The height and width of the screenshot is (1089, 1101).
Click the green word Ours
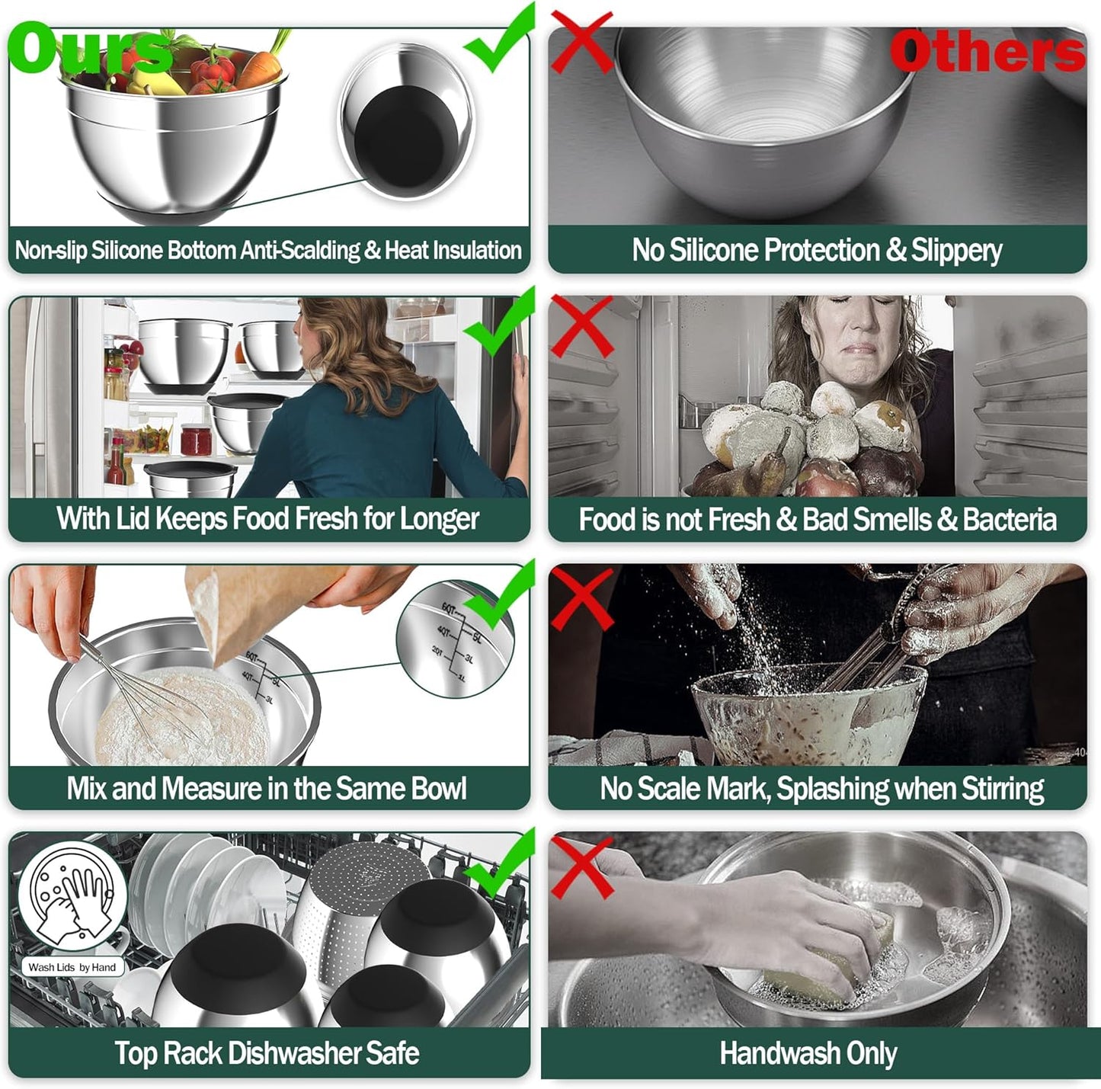tap(90, 50)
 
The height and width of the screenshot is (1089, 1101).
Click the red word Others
tap(987, 52)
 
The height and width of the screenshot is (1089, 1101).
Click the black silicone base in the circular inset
tap(405, 137)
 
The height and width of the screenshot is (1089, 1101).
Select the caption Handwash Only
tap(808, 1054)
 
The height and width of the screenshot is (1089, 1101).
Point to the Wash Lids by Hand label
tap(72, 967)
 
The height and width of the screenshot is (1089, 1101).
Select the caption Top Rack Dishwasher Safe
tap(267, 1053)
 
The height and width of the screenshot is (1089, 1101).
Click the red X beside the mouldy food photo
tap(582, 327)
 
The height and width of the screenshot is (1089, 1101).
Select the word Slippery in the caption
tap(956, 251)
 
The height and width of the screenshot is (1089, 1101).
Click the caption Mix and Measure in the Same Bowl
tap(267, 789)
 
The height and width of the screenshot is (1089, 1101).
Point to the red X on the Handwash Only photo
tap(581, 867)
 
